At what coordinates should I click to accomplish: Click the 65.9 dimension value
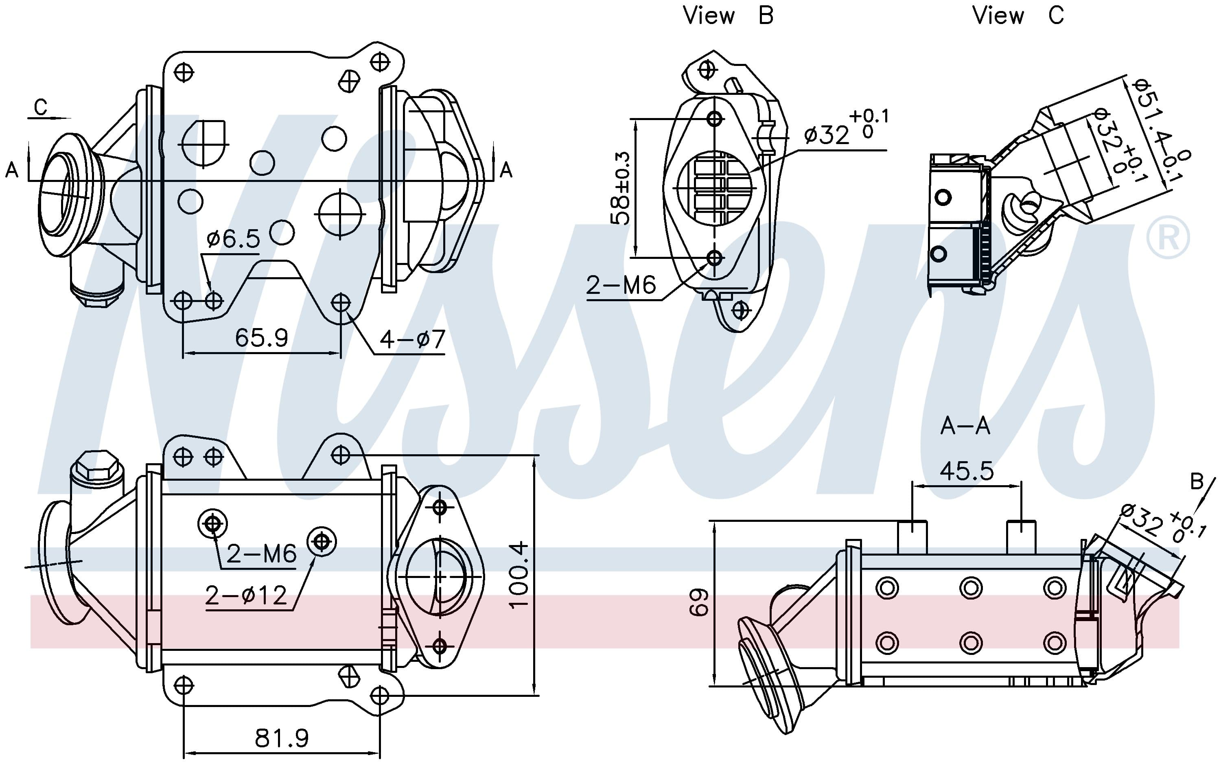(x=261, y=337)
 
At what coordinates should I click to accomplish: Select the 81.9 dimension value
(x=281, y=738)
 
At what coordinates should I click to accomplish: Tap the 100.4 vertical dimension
(x=519, y=575)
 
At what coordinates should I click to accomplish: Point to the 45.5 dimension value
(x=966, y=471)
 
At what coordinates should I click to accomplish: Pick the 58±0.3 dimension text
(x=621, y=188)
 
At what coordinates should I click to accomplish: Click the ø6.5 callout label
(x=233, y=239)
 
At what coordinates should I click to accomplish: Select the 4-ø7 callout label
(x=412, y=339)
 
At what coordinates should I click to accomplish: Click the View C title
(x=1017, y=15)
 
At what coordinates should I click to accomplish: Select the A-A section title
(x=965, y=427)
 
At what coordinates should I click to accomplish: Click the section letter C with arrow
(x=40, y=107)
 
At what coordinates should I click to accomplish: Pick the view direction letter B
(x=1197, y=482)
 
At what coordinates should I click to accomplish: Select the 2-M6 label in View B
(x=621, y=285)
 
